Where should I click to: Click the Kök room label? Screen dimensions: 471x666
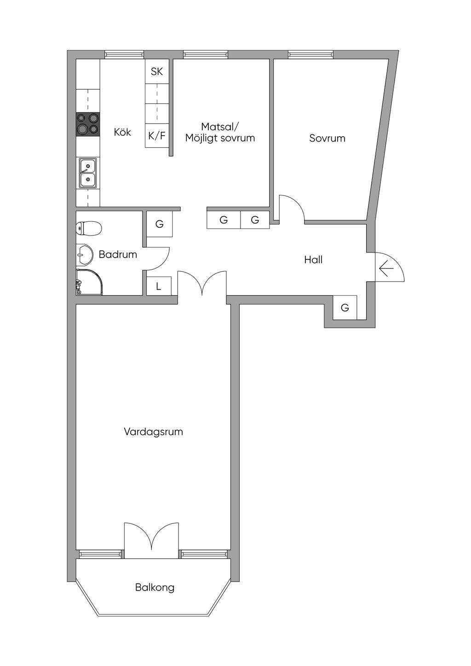click(x=122, y=132)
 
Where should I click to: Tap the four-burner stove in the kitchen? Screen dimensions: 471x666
click(x=88, y=124)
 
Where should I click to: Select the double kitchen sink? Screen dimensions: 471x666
click(x=88, y=173)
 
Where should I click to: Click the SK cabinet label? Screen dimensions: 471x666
click(x=157, y=71)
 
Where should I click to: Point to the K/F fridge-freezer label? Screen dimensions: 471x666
click(x=157, y=136)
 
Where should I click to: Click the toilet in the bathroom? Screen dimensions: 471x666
click(x=89, y=228)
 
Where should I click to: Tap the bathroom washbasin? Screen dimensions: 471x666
click(x=85, y=255)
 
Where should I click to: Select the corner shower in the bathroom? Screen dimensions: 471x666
click(x=89, y=282)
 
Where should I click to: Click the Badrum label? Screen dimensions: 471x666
click(x=118, y=254)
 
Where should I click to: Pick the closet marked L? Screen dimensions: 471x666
click(x=159, y=286)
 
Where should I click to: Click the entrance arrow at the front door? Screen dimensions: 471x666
click(x=386, y=269)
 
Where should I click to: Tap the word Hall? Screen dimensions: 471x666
click(x=313, y=260)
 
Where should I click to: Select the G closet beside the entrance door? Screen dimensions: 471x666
click(x=345, y=307)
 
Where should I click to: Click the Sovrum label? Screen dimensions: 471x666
click(x=327, y=138)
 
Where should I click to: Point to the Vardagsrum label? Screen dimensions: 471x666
click(x=154, y=432)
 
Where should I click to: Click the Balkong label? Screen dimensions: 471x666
click(x=155, y=587)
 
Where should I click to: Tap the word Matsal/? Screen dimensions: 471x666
click(x=220, y=127)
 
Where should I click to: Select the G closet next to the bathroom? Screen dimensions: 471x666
click(x=160, y=224)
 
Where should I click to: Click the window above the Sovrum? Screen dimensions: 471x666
click(x=311, y=55)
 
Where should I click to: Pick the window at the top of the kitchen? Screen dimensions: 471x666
click(x=124, y=55)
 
